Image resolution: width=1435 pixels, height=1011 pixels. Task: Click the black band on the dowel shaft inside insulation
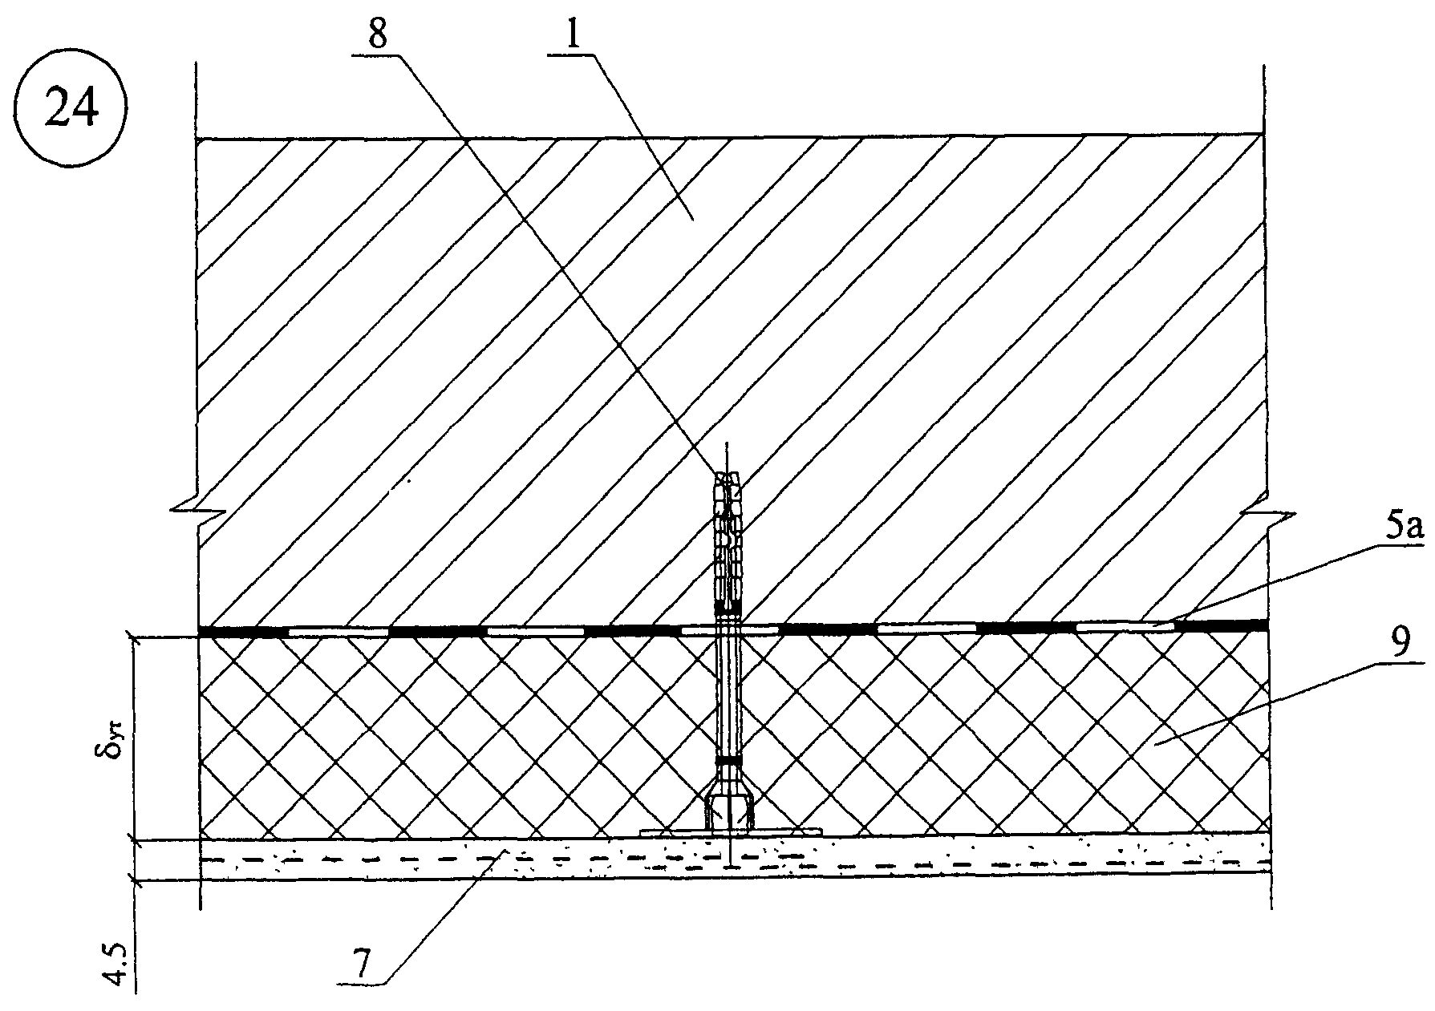click(x=728, y=758)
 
